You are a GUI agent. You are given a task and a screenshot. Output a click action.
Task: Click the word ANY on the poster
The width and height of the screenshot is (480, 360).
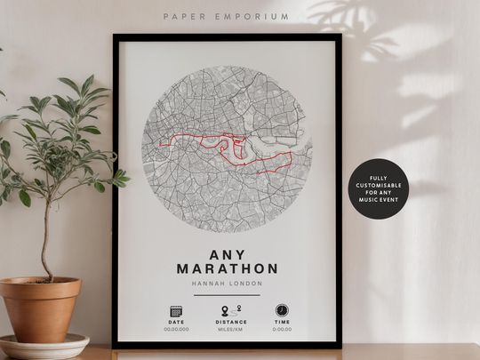click(227, 252)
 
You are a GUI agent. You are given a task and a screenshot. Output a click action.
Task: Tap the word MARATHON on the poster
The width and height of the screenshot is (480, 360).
click(227, 268)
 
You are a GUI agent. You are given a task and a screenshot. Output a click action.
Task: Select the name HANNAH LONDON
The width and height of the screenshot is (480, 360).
click(227, 284)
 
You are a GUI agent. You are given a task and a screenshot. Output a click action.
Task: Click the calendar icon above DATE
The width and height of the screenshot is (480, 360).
click(175, 311)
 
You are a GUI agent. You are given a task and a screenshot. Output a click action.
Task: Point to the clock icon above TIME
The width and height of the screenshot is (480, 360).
click(282, 310)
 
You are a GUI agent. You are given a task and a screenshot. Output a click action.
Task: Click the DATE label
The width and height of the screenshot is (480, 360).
click(175, 322)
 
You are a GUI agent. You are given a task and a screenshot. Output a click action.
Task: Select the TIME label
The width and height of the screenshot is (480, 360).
click(282, 322)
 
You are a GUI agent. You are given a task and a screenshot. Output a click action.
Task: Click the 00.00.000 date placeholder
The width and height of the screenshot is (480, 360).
click(175, 329)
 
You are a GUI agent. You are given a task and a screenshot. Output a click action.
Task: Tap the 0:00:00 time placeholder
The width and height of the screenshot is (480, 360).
click(282, 329)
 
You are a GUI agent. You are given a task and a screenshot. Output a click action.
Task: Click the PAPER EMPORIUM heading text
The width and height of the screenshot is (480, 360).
click(227, 17)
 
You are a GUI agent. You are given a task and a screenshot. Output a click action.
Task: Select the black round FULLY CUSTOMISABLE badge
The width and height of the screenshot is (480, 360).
click(379, 189)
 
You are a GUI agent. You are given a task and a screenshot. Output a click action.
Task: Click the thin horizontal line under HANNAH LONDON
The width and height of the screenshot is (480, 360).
click(227, 294)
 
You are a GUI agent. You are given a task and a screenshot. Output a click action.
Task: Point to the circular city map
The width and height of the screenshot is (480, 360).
click(227, 151)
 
